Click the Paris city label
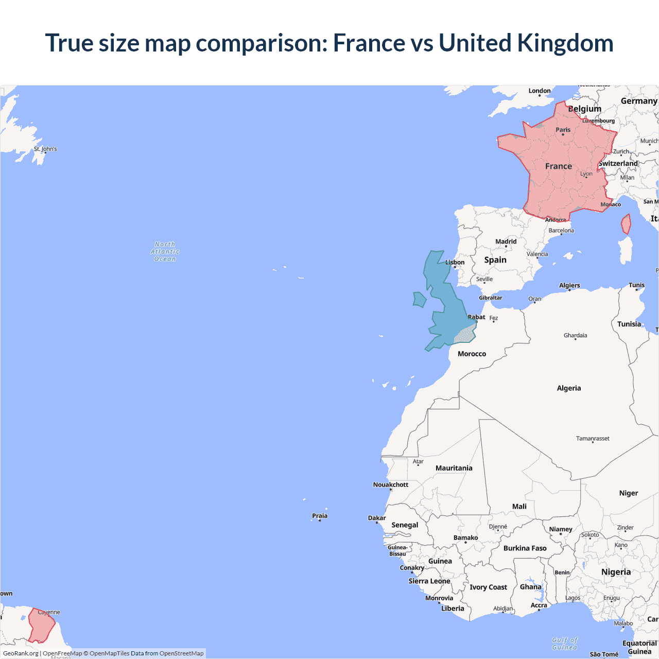(563, 130)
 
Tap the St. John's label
(45, 149)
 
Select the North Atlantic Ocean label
(165, 252)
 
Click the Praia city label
(320, 516)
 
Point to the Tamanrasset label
(593, 439)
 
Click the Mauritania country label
(454, 468)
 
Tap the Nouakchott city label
(390, 484)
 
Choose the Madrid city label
(506, 241)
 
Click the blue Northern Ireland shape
(420, 299)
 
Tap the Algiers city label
(569, 285)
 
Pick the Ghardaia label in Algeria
(575, 335)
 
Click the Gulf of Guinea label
(565, 644)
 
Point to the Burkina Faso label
(525, 548)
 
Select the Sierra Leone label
(429, 581)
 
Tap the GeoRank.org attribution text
(21, 653)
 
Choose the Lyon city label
(586, 174)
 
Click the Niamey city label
(561, 529)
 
